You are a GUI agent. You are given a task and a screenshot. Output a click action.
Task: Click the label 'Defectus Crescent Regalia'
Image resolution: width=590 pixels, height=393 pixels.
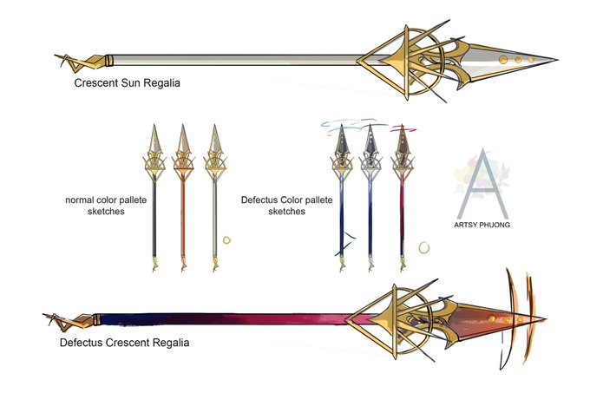125,343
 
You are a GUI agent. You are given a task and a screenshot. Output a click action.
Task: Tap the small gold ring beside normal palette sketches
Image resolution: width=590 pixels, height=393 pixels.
227,238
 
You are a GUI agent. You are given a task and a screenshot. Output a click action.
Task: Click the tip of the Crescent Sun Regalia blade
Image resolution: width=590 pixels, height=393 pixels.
556,61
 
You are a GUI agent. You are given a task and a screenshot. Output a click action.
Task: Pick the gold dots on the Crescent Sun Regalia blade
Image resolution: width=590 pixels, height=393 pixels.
518,60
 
